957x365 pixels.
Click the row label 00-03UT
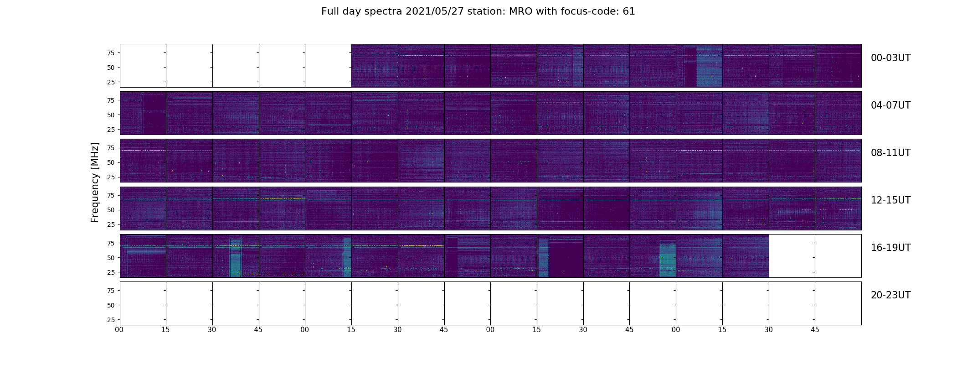(x=890, y=58)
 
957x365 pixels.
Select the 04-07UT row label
(x=890, y=105)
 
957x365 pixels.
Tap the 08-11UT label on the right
(x=890, y=153)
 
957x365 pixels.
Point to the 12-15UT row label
(x=890, y=200)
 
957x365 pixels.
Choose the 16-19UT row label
(x=890, y=248)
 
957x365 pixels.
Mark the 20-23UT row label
(x=890, y=295)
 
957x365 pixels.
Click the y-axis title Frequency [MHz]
(x=95, y=182)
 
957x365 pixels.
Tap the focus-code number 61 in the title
(x=629, y=11)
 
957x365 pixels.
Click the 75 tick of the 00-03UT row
(x=111, y=53)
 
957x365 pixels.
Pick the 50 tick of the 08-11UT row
(x=111, y=162)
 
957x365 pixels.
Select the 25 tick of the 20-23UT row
(x=111, y=320)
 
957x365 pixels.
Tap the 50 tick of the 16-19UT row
(x=111, y=258)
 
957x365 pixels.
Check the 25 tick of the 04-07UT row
(x=111, y=130)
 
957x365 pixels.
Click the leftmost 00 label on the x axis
(x=119, y=330)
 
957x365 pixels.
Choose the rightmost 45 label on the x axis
(x=815, y=330)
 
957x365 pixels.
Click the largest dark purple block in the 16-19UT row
(x=566, y=259)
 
